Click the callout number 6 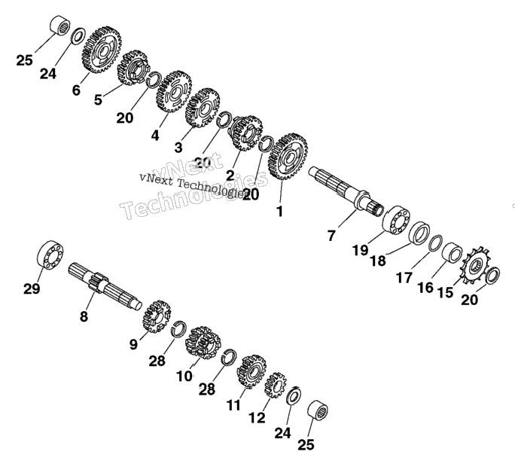76,90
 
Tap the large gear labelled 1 288,156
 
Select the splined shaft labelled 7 346,191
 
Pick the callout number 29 32,288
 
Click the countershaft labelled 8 105,286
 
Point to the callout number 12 257,418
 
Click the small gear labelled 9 157,316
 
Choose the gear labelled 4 174,91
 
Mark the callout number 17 404,278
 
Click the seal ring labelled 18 419,233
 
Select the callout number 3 178,147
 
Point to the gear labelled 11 251,371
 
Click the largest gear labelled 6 101,50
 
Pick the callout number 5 98,99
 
